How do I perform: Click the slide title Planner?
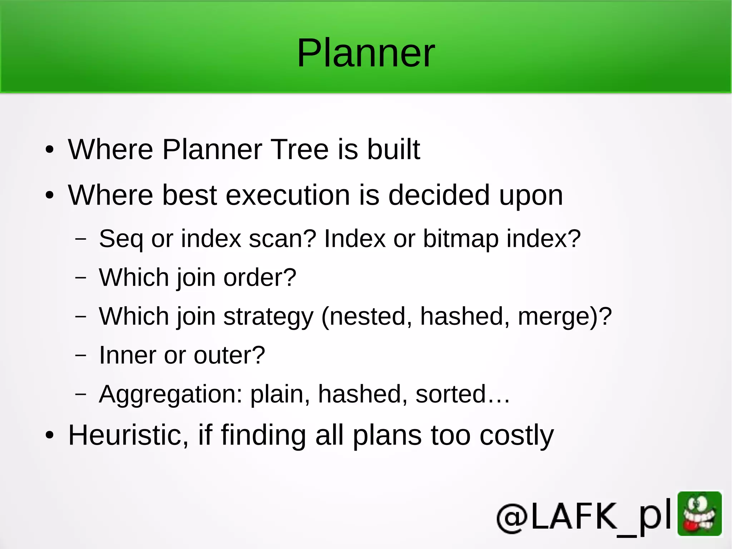pyautogui.click(x=366, y=54)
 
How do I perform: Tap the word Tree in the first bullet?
pyautogui.click(x=300, y=149)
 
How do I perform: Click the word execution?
pyautogui.click(x=288, y=195)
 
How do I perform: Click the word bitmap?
pyautogui.click(x=461, y=239)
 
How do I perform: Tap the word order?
pyautogui.click(x=260, y=278)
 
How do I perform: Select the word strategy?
pyautogui.click(x=268, y=317)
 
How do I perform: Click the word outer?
pyautogui.click(x=229, y=356)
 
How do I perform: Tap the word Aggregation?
pyautogui.click(x=171, y=394)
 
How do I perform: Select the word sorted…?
pyautogui.click(x=463, y=394)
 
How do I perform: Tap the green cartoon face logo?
pyautogui.click(x=699, y=514)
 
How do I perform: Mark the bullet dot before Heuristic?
pyautogui.click(x=50, y=435)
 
